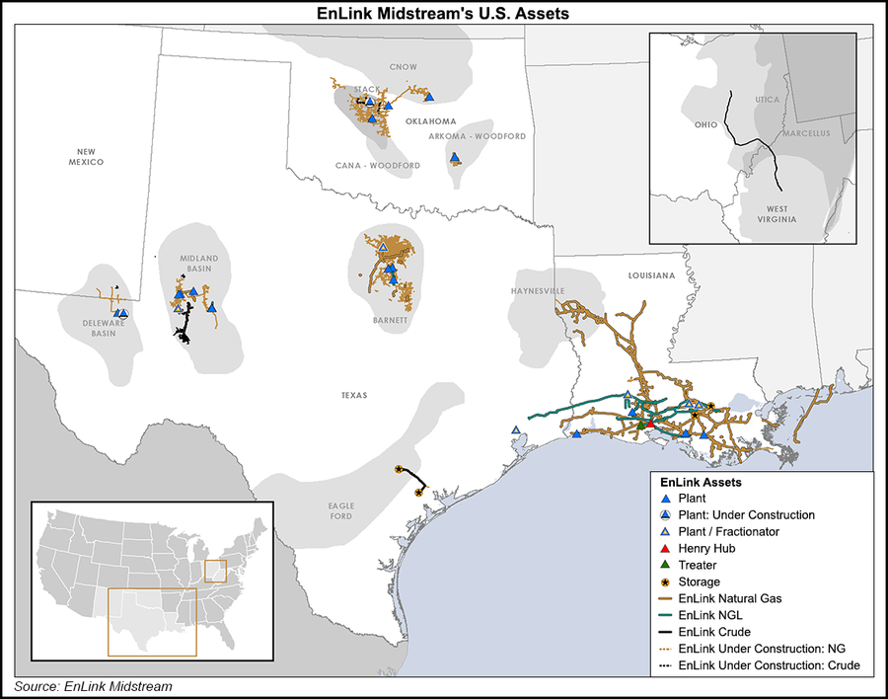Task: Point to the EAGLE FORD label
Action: point(340,510)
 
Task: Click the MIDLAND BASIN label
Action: point(198,265)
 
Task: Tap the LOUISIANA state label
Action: point(647,274)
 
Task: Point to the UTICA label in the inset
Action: point(767,101)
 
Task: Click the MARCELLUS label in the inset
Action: point(806,133)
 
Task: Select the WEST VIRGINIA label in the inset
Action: point(772,213)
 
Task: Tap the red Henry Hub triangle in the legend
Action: point(665,548)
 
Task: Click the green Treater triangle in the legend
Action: point(665,565)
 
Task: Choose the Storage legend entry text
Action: point(699,582)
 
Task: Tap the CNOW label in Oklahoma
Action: point(403,67)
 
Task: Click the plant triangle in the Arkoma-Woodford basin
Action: point(454,158)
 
